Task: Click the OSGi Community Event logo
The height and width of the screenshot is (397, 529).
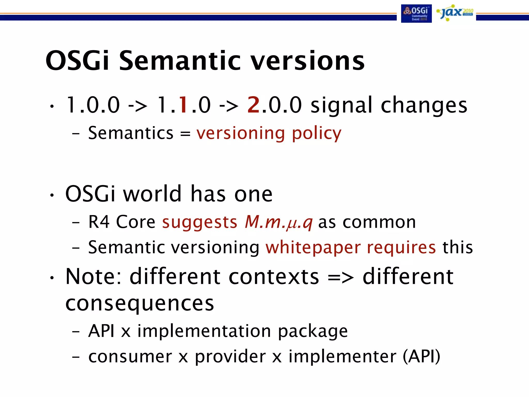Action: coord(416,13)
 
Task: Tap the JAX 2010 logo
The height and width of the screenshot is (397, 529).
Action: coord(454,13)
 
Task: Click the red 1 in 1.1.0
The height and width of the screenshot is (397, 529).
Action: coord(184,105)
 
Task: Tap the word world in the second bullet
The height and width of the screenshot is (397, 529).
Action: coord(152,194)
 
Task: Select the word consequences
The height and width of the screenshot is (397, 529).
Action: coord(139,304)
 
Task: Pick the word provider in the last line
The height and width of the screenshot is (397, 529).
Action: coord(230,357)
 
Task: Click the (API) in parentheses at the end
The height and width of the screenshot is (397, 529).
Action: coord(421,357)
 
